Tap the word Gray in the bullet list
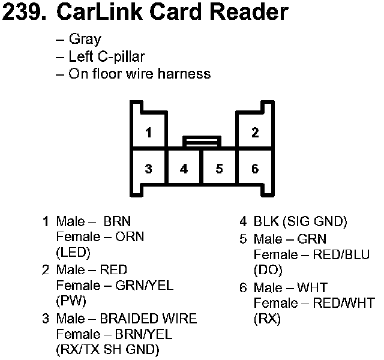point(85,40)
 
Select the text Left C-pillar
point(107,57)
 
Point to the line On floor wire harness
point(139,74)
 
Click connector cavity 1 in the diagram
point(148,133)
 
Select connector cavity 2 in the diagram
point(255,133)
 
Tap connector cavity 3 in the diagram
point(148,169)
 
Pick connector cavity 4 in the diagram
point(184,169)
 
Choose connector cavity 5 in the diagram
point(220,169)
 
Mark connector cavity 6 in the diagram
point(255,169)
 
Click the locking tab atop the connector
point(202,142)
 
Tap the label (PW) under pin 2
point(71,301)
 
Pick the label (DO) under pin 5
point(268,270)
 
